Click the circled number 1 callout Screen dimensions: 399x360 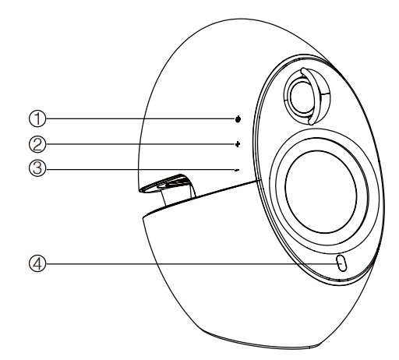37,118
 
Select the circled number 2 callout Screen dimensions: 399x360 37,144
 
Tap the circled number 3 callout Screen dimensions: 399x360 37,168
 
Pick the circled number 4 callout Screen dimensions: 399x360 37,264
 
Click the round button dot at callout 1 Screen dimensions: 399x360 238,119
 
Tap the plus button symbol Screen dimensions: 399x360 238,144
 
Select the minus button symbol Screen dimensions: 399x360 237,171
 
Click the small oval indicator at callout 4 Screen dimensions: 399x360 341,263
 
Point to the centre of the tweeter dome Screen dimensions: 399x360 302,97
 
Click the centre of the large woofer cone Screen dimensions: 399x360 321,192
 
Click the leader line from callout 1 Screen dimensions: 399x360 140,118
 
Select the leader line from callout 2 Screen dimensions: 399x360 140,144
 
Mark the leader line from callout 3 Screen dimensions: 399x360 140,169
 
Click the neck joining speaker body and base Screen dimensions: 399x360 178,193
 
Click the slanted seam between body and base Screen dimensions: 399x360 200,197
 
